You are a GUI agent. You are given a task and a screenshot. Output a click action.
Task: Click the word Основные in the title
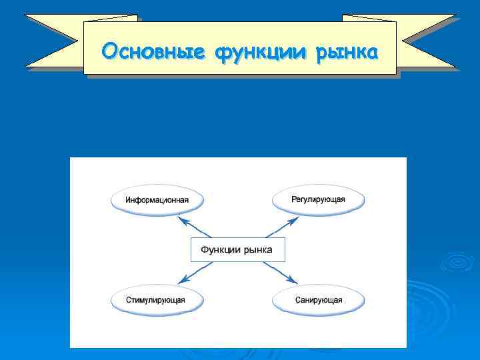coord(155,51)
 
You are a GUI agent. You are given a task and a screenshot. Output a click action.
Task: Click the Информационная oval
coord(157,199)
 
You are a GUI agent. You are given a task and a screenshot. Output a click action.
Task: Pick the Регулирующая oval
coord(318,199)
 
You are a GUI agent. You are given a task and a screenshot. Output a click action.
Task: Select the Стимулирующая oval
coord(155,299)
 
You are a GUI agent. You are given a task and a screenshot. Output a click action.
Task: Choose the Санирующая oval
coord(319,299)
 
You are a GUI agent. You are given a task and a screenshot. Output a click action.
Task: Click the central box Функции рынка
coord(237,249)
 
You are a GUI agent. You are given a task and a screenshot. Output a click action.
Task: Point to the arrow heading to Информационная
coord(195,227)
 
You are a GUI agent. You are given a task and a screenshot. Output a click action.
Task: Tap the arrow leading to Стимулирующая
coord(195,272)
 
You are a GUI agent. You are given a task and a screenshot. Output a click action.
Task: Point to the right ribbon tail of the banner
coord(427,41)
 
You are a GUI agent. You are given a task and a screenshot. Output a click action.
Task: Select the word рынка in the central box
coord(257,249)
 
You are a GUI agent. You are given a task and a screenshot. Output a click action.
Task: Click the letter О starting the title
coord(109,51)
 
